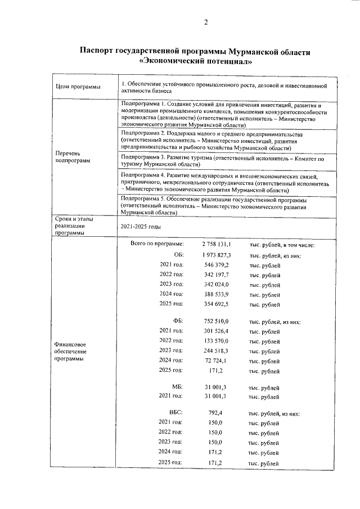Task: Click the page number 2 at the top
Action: click(205, 22)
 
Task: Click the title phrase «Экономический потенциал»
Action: click(195, 61)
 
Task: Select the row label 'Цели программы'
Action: click(74, 87)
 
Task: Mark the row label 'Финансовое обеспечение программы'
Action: click(70, 350)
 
